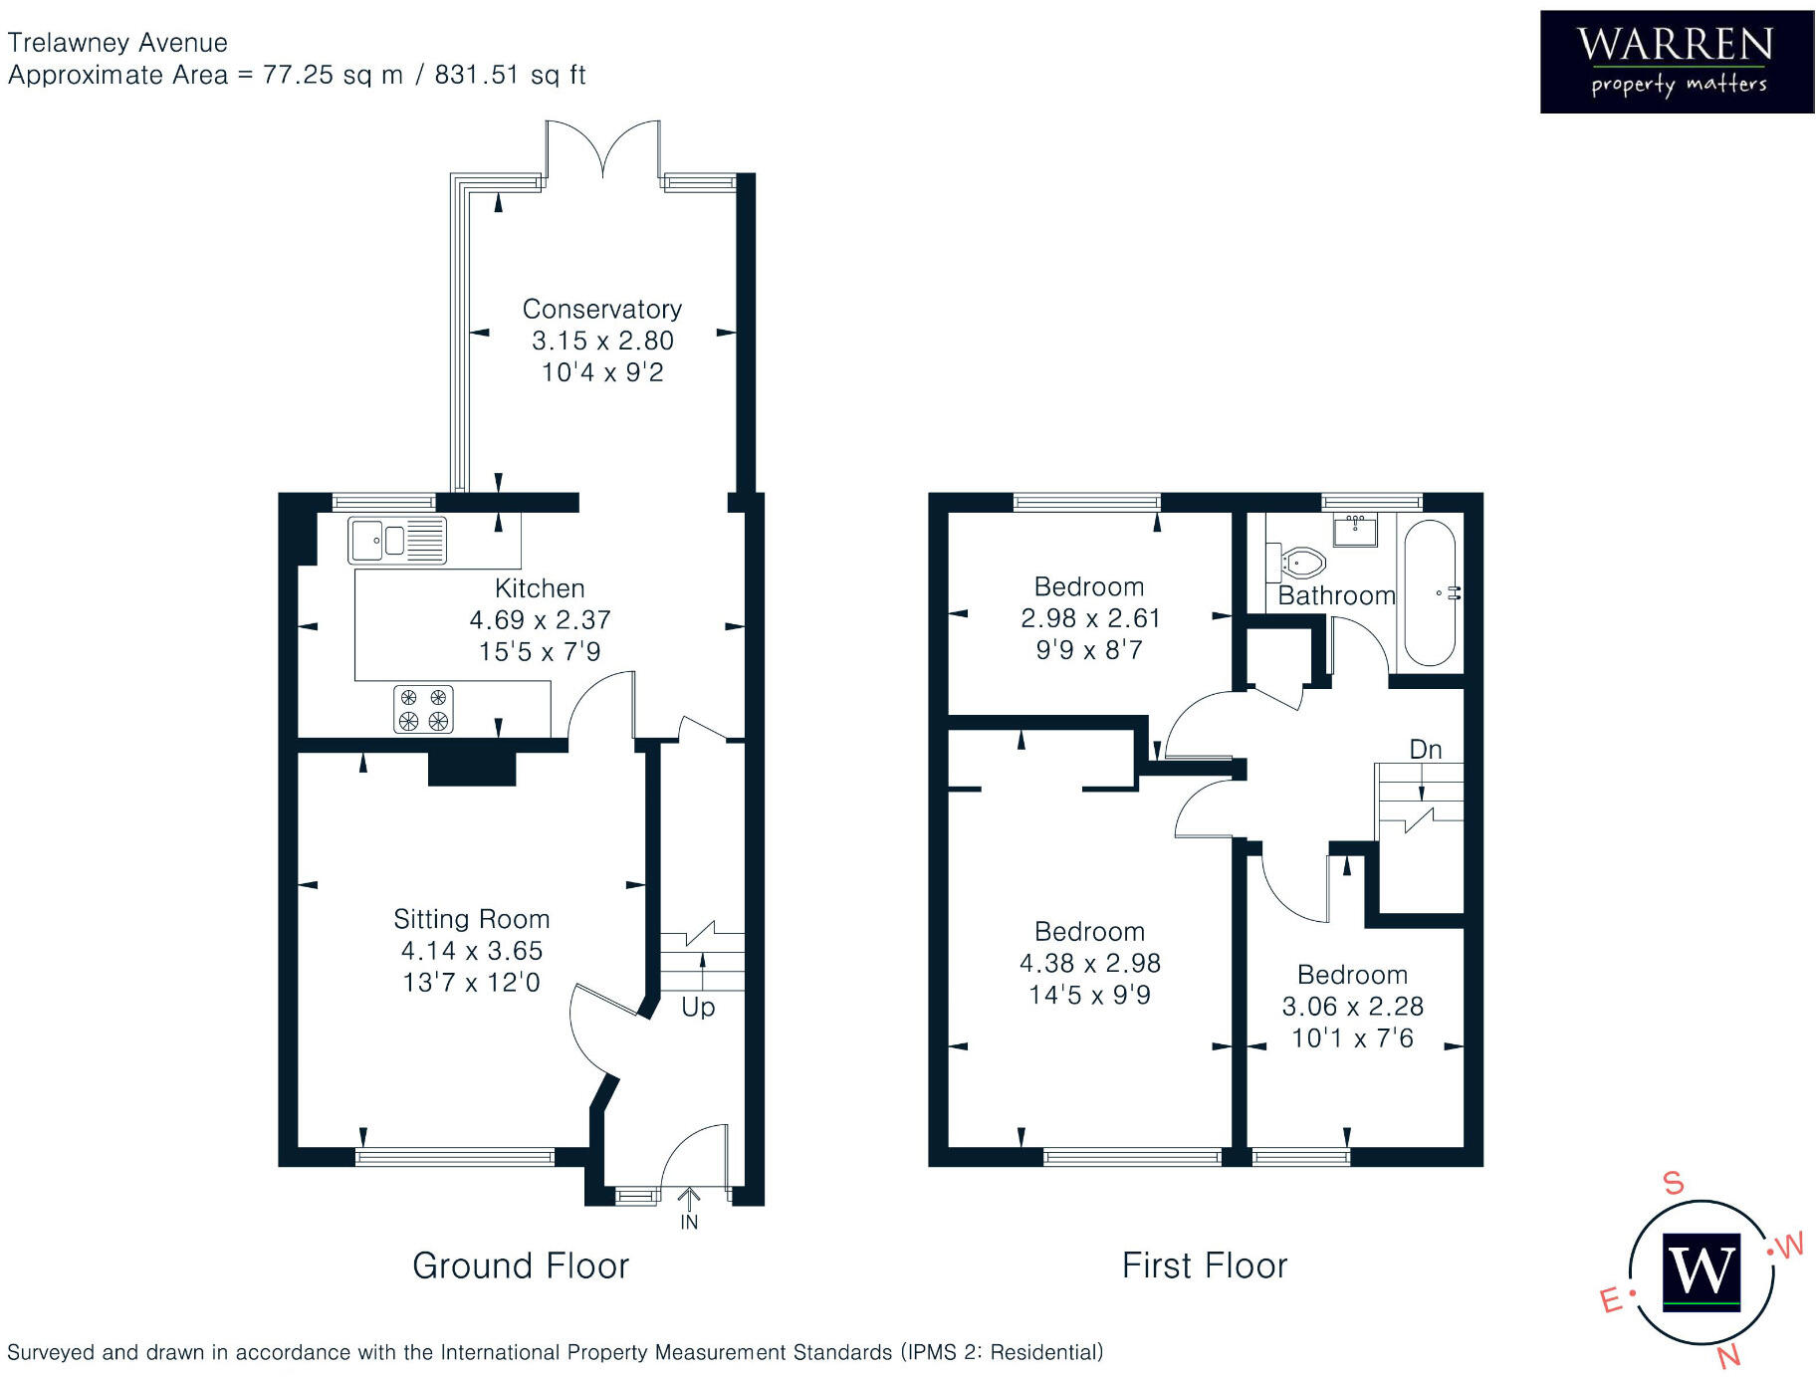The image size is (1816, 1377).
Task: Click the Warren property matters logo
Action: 1676,62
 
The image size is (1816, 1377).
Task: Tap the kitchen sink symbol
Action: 396,541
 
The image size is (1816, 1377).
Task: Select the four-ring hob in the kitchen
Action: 423,709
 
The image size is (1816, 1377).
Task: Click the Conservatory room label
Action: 602,309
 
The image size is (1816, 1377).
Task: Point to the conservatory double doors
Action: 602,149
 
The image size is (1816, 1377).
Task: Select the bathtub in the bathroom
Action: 1429,592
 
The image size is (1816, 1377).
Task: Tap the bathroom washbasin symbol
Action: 1355,531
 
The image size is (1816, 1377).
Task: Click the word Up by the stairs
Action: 698,1007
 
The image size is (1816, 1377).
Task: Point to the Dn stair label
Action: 1425,749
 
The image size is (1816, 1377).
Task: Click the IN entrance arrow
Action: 689,1207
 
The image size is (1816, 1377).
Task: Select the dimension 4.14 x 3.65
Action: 471,951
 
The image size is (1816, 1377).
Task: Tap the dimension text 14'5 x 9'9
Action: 1089,995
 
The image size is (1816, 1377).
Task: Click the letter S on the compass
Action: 1674,1183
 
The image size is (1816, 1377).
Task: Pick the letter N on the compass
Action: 1728,1355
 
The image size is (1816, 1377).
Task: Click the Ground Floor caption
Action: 521,1265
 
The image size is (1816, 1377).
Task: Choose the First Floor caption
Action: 1204,1265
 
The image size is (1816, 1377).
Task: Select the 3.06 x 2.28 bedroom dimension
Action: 1352,1007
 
